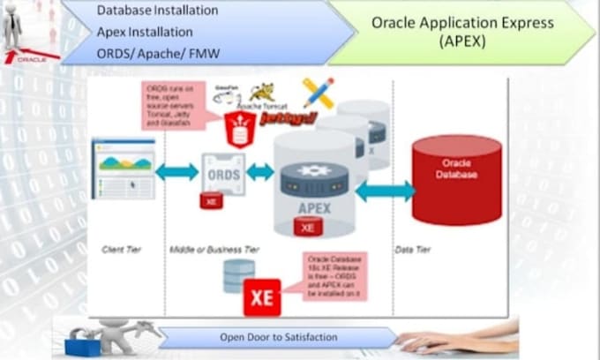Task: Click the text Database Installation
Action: (x=156, y=11)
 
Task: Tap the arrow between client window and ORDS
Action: (x=177, y=172)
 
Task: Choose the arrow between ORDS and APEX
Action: (x=259, y=172)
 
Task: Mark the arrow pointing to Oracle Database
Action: (x=385, y=190)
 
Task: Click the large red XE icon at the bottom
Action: (x=262, y=297)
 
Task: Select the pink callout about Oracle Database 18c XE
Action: (x=335, y=275)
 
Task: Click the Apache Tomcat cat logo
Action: (x=262, y=92)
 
